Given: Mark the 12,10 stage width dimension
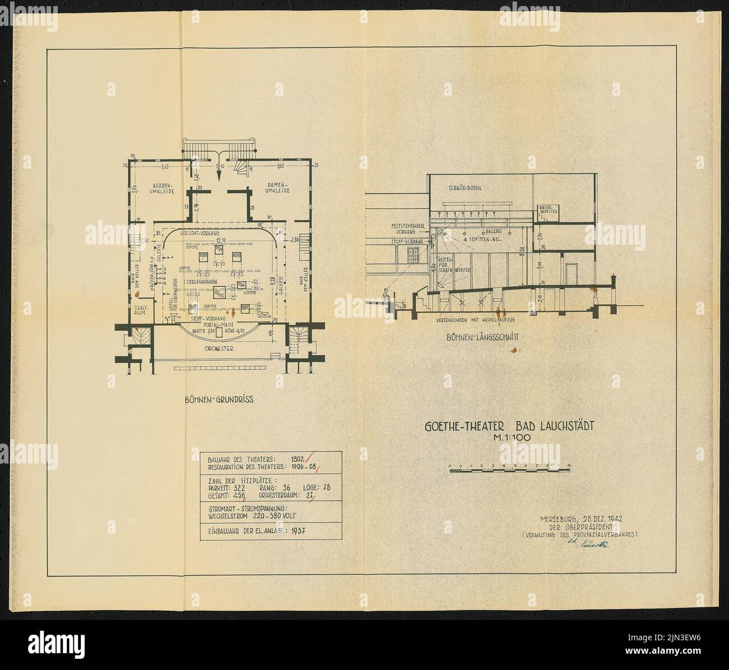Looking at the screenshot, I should click(x=220, y=240).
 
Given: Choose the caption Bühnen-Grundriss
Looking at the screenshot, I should click(x=219, y=400).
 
